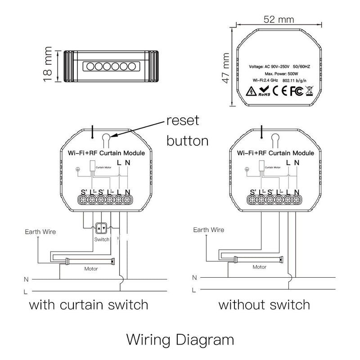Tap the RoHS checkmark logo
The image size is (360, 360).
pos(264,92)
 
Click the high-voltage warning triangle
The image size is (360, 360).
pos(251,92)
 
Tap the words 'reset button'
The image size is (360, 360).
pos(187,130)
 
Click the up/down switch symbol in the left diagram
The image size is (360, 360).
pos(102,229)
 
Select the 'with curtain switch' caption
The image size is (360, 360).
pos(89,305)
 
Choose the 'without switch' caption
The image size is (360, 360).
pos(264,305)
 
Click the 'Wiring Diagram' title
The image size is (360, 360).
pos(180,338)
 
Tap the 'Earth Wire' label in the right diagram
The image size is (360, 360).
pos(208,229)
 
